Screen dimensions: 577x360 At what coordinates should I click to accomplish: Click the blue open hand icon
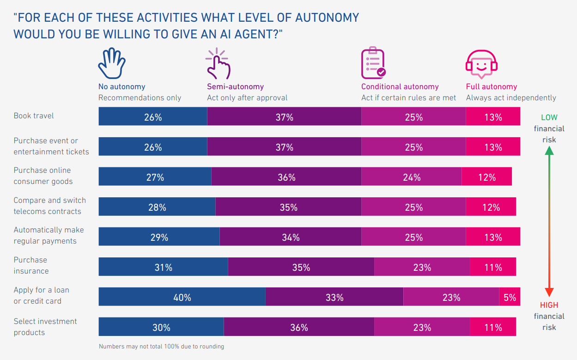(x=112, y=63)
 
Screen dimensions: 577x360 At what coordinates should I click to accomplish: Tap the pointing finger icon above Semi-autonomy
(x=218, y=64)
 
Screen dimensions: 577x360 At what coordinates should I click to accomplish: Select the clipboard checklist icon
(x=373, y=63)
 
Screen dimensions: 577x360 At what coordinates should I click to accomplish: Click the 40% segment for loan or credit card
(x=182, y=297)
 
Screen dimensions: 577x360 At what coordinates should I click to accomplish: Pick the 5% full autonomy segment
(x=510, y=297)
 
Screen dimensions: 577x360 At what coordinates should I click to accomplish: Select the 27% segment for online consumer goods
(x=155, y=177)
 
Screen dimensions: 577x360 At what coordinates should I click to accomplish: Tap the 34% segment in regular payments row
(x=291, y=237)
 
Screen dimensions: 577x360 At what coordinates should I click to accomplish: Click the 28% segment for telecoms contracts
(x=157, y=207)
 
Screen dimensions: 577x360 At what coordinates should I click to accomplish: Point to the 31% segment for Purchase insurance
(x=164, y=267)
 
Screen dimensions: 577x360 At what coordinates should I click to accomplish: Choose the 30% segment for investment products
(x=161, y=327)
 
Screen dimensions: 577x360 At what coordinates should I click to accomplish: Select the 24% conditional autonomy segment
(x=411, y=177)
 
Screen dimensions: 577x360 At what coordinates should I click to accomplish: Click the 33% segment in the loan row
(x=334, y=297)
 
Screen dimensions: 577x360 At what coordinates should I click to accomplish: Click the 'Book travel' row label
(x=34, y=116)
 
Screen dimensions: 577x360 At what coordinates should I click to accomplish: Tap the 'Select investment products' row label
(x=45, y=327)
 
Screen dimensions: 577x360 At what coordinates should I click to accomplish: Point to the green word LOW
(x=549, y=117)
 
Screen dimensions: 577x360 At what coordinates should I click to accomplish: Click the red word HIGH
(x=549, y=305)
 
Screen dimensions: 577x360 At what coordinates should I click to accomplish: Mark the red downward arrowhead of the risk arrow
(x=549, y=292)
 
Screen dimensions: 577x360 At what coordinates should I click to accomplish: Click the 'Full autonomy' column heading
(x=492, y=86)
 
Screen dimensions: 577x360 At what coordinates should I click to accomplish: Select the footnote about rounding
(x=162, y=346)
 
